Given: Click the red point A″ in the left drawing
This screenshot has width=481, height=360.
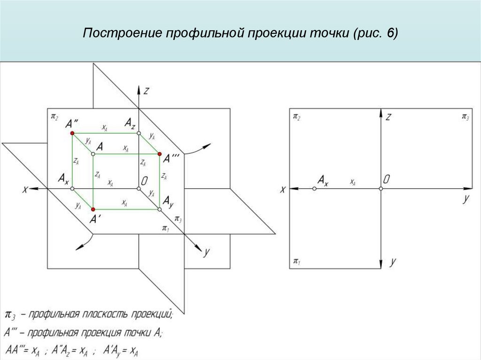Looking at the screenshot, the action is click(x=72, y=134).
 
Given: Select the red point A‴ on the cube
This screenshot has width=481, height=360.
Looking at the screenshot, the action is click(x=160, y=154).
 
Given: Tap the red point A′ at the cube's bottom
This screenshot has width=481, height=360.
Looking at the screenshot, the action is click(x=93, y=209).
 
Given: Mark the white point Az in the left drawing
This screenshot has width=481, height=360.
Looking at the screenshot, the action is click(x=139, y=134).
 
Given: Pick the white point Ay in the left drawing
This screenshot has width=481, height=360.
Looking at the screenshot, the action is click(x=160, y=209).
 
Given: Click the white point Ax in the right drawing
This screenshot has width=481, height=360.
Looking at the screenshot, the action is click(x=314, y=188).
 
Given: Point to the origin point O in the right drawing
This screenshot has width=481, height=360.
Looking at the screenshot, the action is click(x=380, y=188).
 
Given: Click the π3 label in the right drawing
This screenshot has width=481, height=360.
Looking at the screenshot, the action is click(x=465, y=116).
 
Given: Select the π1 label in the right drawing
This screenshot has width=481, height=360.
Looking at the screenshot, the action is click(x=296, y=261).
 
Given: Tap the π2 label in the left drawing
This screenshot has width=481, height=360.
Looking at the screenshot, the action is click(x=54, y=116).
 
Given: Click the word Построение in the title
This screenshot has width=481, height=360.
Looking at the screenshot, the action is click(x=122, y=34).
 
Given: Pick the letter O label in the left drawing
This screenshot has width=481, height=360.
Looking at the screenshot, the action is click(x=145, y=181).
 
